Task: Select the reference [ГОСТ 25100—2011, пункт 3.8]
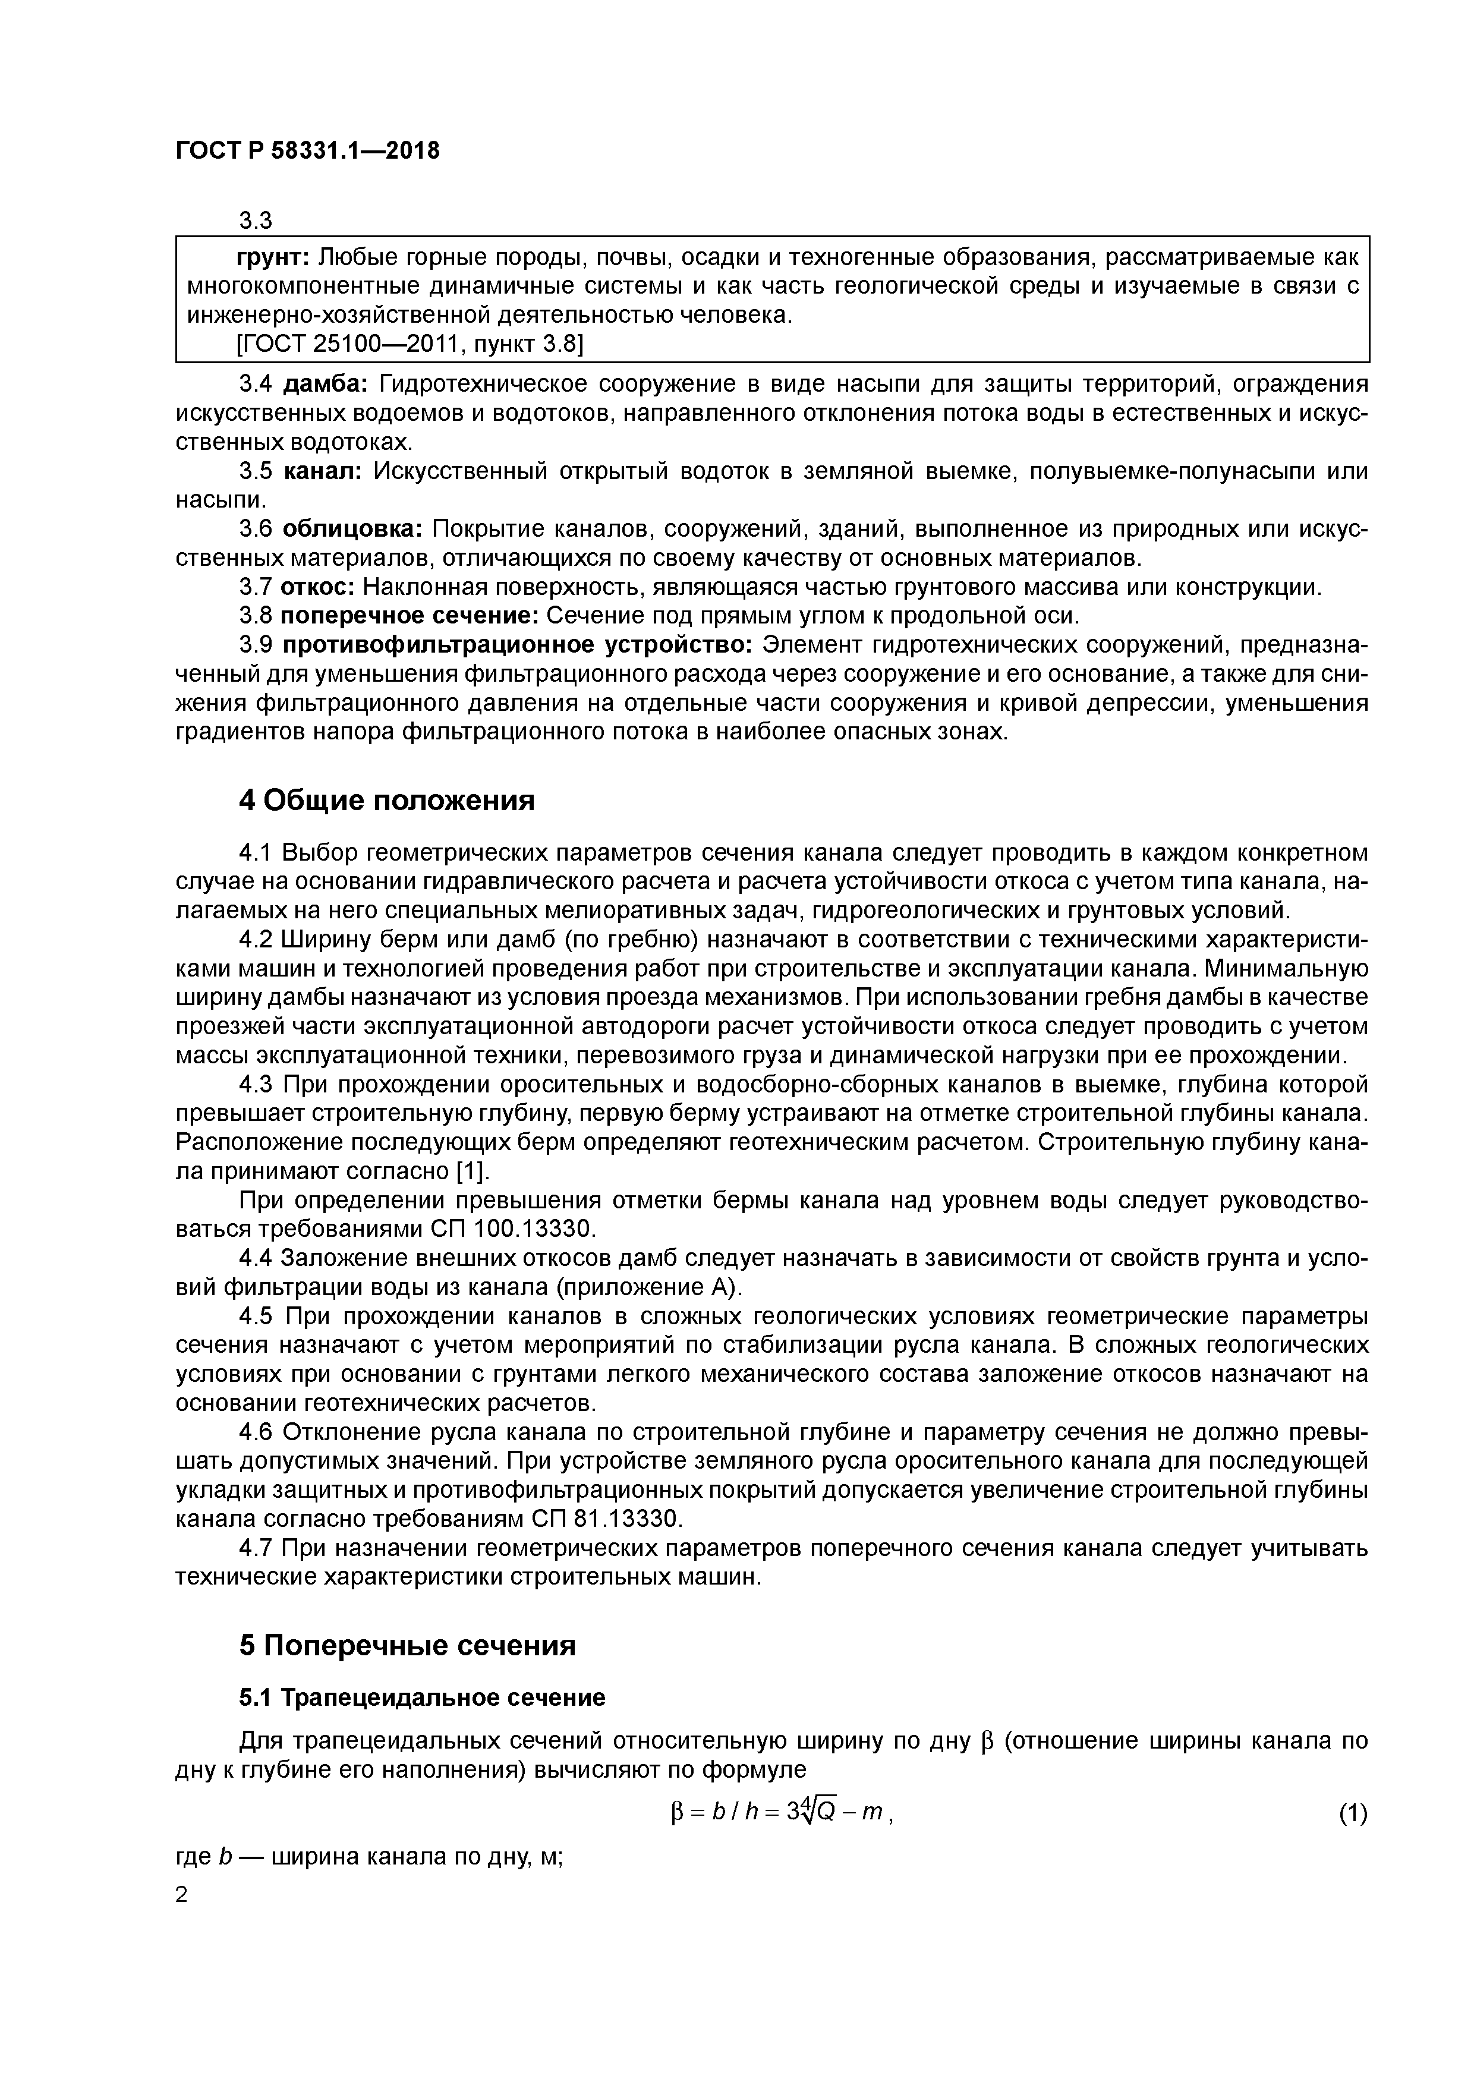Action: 409,344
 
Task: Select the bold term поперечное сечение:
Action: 410,616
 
